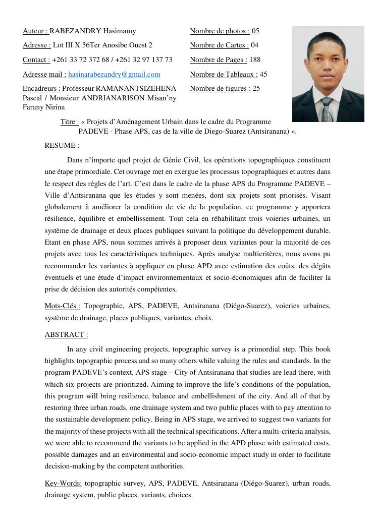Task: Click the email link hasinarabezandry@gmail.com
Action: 114,74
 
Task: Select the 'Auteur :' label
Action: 35,31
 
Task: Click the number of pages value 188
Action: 255,60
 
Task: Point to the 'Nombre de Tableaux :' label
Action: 224,74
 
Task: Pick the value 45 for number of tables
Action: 263,74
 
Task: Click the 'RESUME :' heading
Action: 62,146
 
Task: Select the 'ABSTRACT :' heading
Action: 66,334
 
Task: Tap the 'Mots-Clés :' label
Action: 62,306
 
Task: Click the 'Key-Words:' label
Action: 63,483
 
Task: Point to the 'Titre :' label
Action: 70,122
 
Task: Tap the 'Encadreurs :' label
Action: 41,89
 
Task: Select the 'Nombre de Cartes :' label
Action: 220,45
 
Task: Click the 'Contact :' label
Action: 36,60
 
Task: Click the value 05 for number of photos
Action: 255,31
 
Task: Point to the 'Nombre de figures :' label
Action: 220,89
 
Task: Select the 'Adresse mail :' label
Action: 44,74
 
